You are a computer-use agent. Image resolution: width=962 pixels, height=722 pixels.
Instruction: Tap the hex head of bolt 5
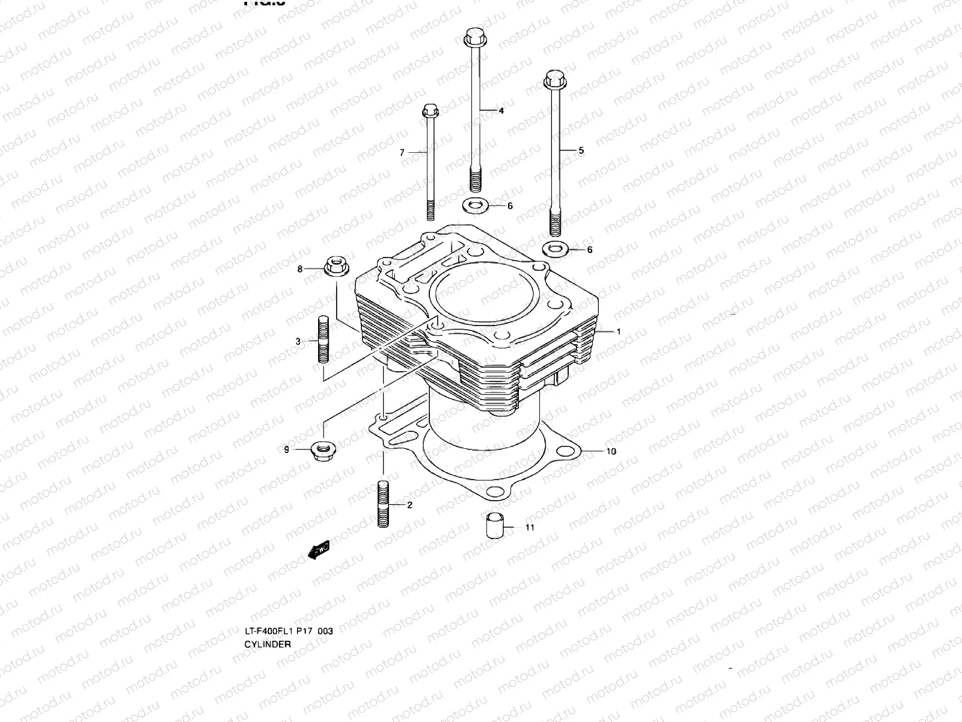[x=554, y=78]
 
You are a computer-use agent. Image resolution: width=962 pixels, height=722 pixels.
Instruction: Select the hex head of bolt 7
[x=429, y=111]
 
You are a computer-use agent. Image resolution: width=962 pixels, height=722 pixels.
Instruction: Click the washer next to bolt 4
[x=476, y=206]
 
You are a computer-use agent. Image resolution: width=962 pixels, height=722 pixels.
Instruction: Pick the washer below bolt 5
[x=555, y=248]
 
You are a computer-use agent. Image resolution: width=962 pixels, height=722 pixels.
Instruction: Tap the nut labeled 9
[x=323, y=450]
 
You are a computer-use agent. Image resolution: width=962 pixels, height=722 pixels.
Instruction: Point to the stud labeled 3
[x=323, y=340]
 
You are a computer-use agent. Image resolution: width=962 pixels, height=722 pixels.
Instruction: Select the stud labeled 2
[x=384, y=504]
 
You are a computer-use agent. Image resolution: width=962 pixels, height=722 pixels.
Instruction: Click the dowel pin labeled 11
[x=494, y=526]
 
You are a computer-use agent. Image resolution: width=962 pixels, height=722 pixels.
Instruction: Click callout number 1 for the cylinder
[x=618, y=332]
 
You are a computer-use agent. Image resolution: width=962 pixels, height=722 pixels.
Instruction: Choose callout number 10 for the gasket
[x=611, y=451]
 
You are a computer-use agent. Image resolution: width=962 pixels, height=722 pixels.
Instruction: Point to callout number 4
[x=501, y=111]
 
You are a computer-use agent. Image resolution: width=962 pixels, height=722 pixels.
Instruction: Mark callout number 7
[x=402, y=153]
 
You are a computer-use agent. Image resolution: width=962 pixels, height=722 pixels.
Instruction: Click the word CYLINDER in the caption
[x=267, y=644]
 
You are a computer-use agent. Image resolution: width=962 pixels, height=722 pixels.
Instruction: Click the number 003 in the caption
[x=325, y=631]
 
